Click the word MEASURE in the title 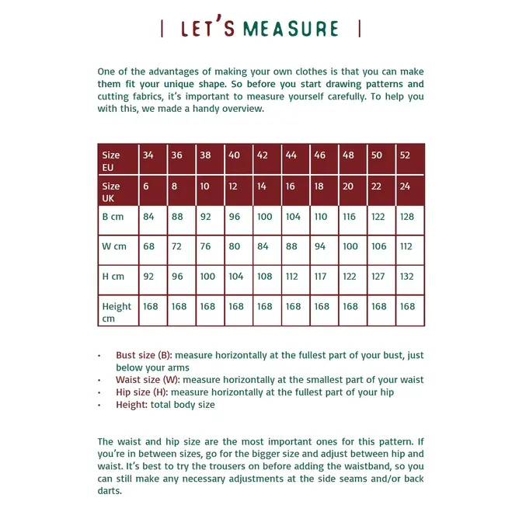click(x=291, y=30)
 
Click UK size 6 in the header click(x=152, y=190)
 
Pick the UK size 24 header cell click(x=409, y=190)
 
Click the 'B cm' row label click(x=117, y=219)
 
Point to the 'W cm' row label click(x=117, y=249)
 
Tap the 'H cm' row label click(x=117, y=280)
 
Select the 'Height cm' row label click(x=117, y=311)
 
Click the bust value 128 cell click(x=409, y=219)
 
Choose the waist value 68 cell click(x=152, y=249)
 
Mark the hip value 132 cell click(x=409, y=280)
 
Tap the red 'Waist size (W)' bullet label click(x=147, y=380)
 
